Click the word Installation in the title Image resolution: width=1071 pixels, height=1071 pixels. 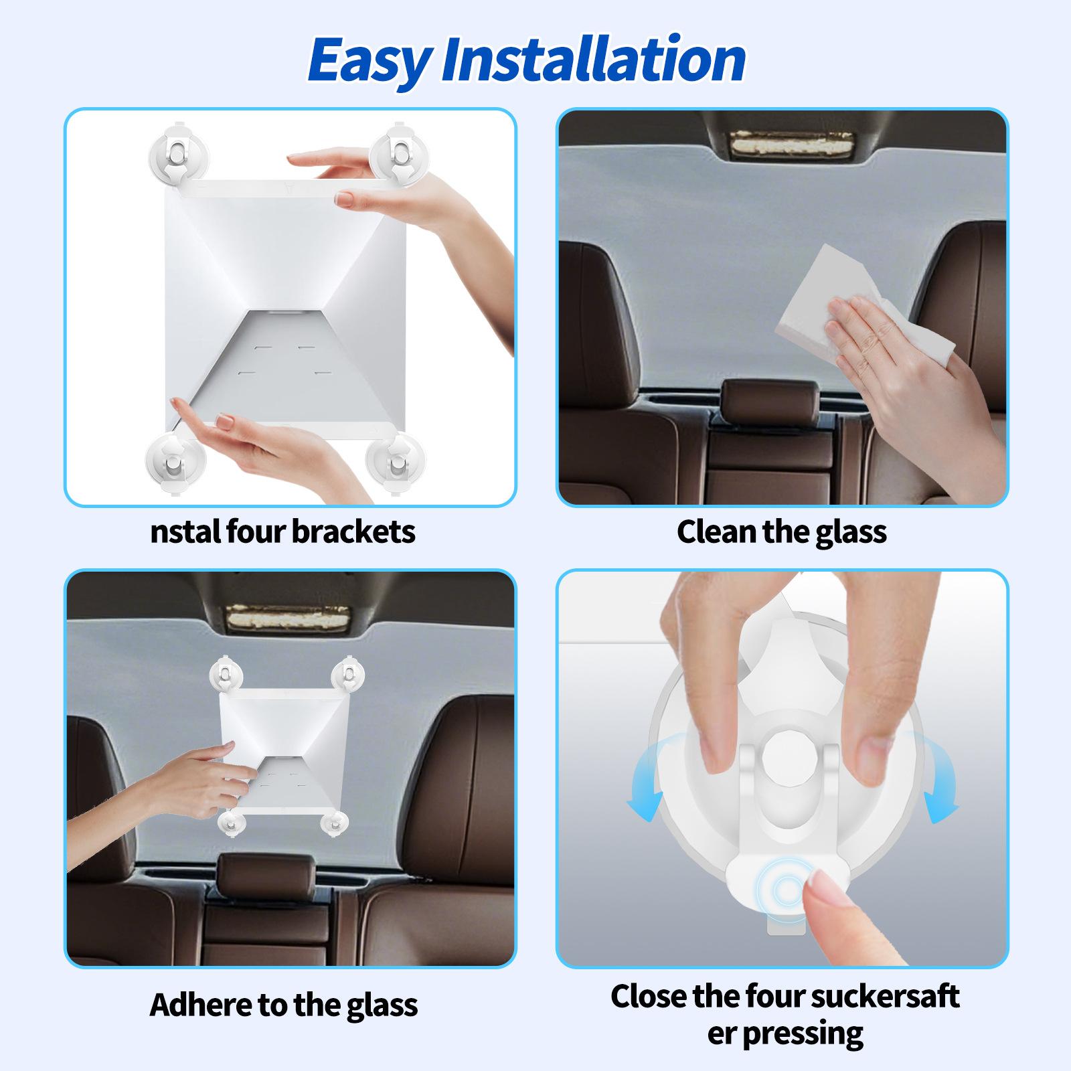[594, 59]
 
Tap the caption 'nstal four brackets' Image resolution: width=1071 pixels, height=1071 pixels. [282, 532]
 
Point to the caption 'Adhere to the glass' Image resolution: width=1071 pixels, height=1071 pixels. [284, 1004]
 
